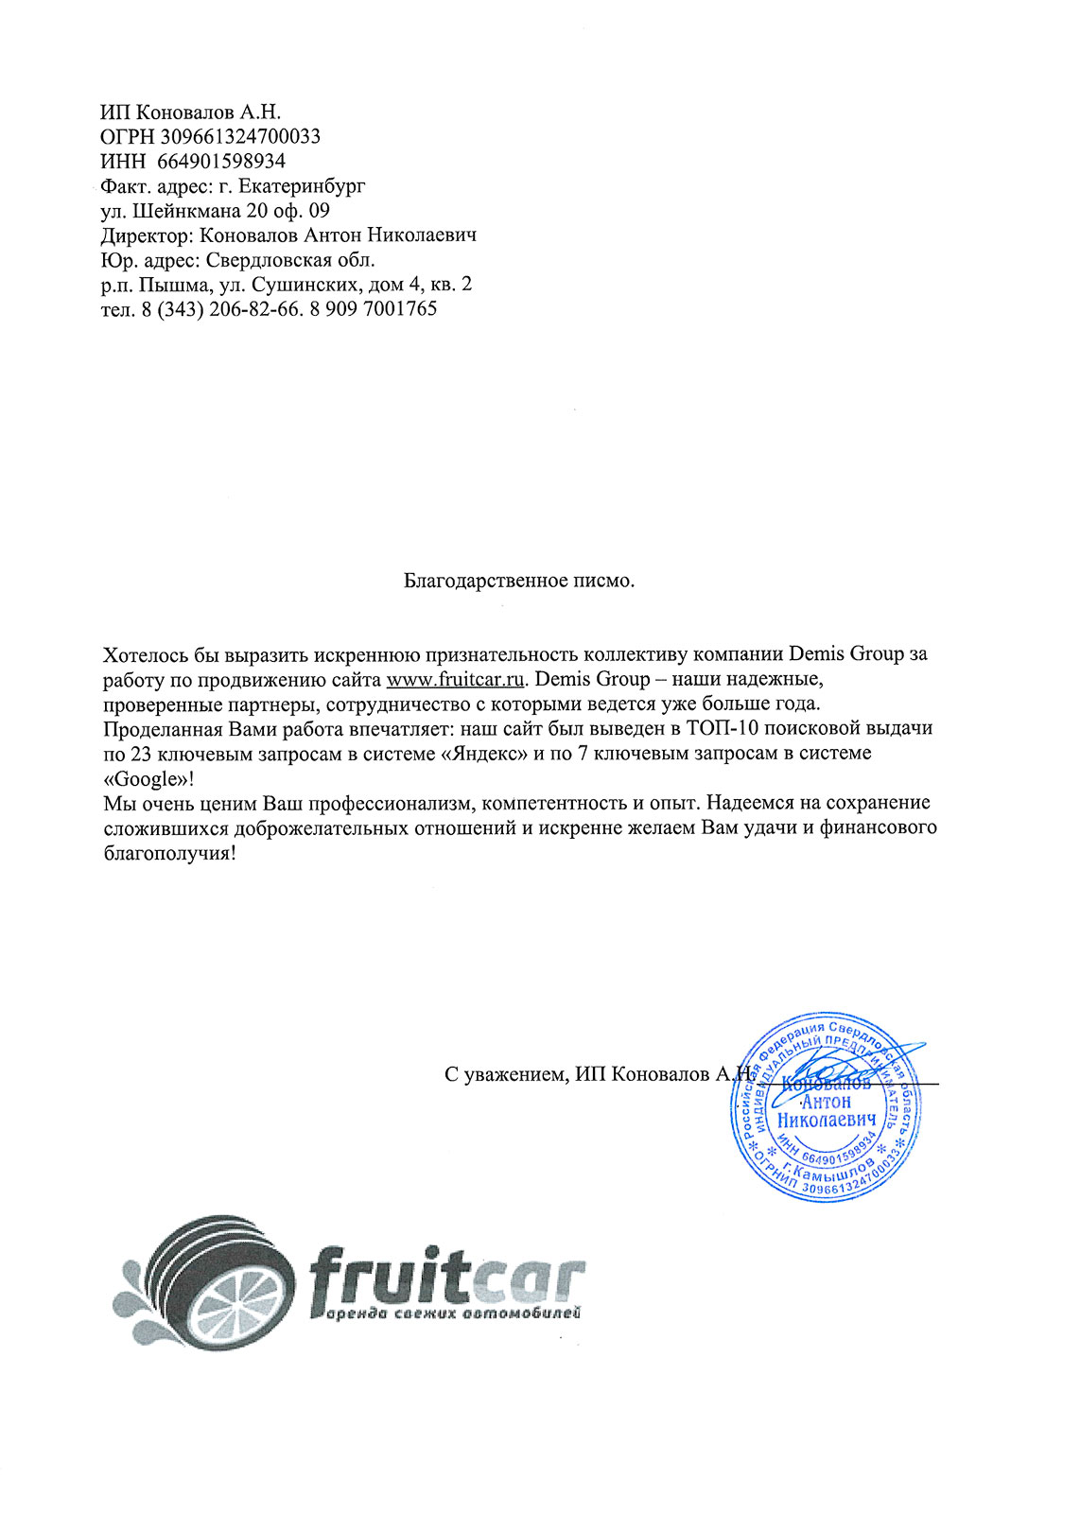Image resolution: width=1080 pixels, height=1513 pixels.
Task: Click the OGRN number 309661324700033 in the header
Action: [x=240, y=136]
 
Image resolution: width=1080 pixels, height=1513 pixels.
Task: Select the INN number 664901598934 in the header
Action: [x=221, y=161]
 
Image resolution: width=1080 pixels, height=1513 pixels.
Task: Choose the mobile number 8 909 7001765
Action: [x=374, y=309]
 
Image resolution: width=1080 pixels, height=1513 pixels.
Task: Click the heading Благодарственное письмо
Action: [x=519, y=580]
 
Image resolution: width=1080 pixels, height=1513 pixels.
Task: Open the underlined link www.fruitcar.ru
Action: [x=455, y=679]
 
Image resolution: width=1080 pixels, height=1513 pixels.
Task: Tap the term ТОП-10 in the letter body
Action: [x=728, y=728]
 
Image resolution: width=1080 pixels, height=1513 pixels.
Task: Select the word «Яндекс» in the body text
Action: [x=483, y=753]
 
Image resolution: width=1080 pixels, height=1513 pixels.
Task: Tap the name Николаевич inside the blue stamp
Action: [x=826, y=1120]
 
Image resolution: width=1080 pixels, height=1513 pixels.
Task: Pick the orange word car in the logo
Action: [x=530, y=1278]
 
